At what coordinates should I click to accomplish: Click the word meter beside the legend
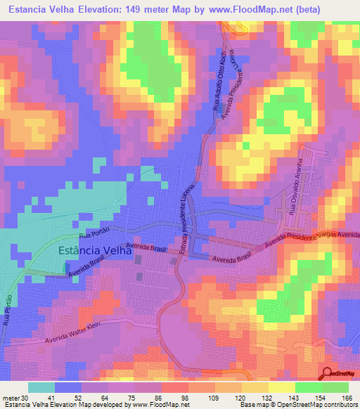point(9,398)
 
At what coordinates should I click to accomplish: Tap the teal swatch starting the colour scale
point(41,387)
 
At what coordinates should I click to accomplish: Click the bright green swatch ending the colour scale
point(335,387)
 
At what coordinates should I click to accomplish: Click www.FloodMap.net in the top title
point(236,10)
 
